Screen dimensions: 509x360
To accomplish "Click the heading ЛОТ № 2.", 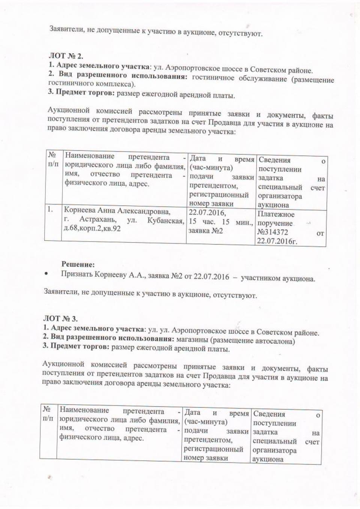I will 63,56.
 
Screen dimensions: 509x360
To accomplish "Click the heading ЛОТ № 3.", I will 60,318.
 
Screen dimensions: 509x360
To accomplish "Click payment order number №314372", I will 273,233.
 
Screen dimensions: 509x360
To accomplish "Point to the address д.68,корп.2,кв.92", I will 92,228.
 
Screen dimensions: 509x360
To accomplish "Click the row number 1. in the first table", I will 49,210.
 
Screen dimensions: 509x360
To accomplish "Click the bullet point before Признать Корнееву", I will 46,274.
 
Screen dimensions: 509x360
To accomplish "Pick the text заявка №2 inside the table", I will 205,231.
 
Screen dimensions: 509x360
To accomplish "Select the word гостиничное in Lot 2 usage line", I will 214,78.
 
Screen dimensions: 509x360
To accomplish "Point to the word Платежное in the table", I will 276,215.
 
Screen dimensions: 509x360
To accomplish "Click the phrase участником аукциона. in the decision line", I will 278,278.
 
